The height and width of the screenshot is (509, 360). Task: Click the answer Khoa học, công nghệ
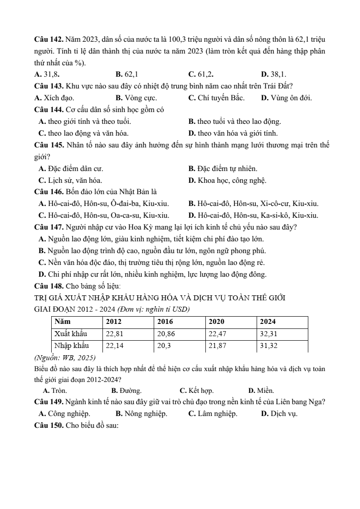tap(227, 181)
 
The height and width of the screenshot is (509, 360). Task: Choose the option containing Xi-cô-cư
tap(253, 204)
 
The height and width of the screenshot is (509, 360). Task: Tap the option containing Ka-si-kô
tap(253, 215)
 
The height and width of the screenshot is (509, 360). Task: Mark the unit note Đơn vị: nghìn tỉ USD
tap(153, 309)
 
